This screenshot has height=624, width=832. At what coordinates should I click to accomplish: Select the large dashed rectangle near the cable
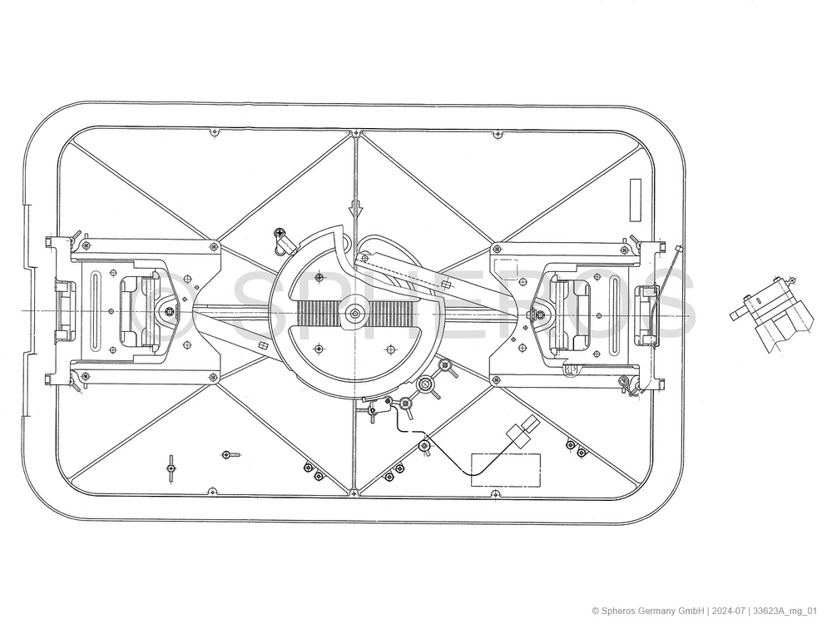coord(506,470)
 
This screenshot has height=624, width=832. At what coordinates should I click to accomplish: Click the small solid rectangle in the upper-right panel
coord(635,200)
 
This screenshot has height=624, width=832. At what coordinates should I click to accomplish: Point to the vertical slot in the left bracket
coord(95,311)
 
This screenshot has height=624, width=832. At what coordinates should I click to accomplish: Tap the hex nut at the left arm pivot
coord(169,311)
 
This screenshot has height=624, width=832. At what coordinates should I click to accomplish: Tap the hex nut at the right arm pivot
coord(538,314)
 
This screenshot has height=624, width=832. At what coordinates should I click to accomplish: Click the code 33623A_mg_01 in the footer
coord(785,611)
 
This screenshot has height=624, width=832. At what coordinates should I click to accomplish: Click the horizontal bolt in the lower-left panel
coord(230,455)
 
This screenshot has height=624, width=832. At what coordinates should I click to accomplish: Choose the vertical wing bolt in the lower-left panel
coord(171,469)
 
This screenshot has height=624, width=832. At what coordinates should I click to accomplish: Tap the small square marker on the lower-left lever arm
coord(261,346)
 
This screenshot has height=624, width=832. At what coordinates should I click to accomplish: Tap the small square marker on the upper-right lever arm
coord(446,285)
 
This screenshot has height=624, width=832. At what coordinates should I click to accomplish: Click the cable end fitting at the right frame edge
coord(677,249)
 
